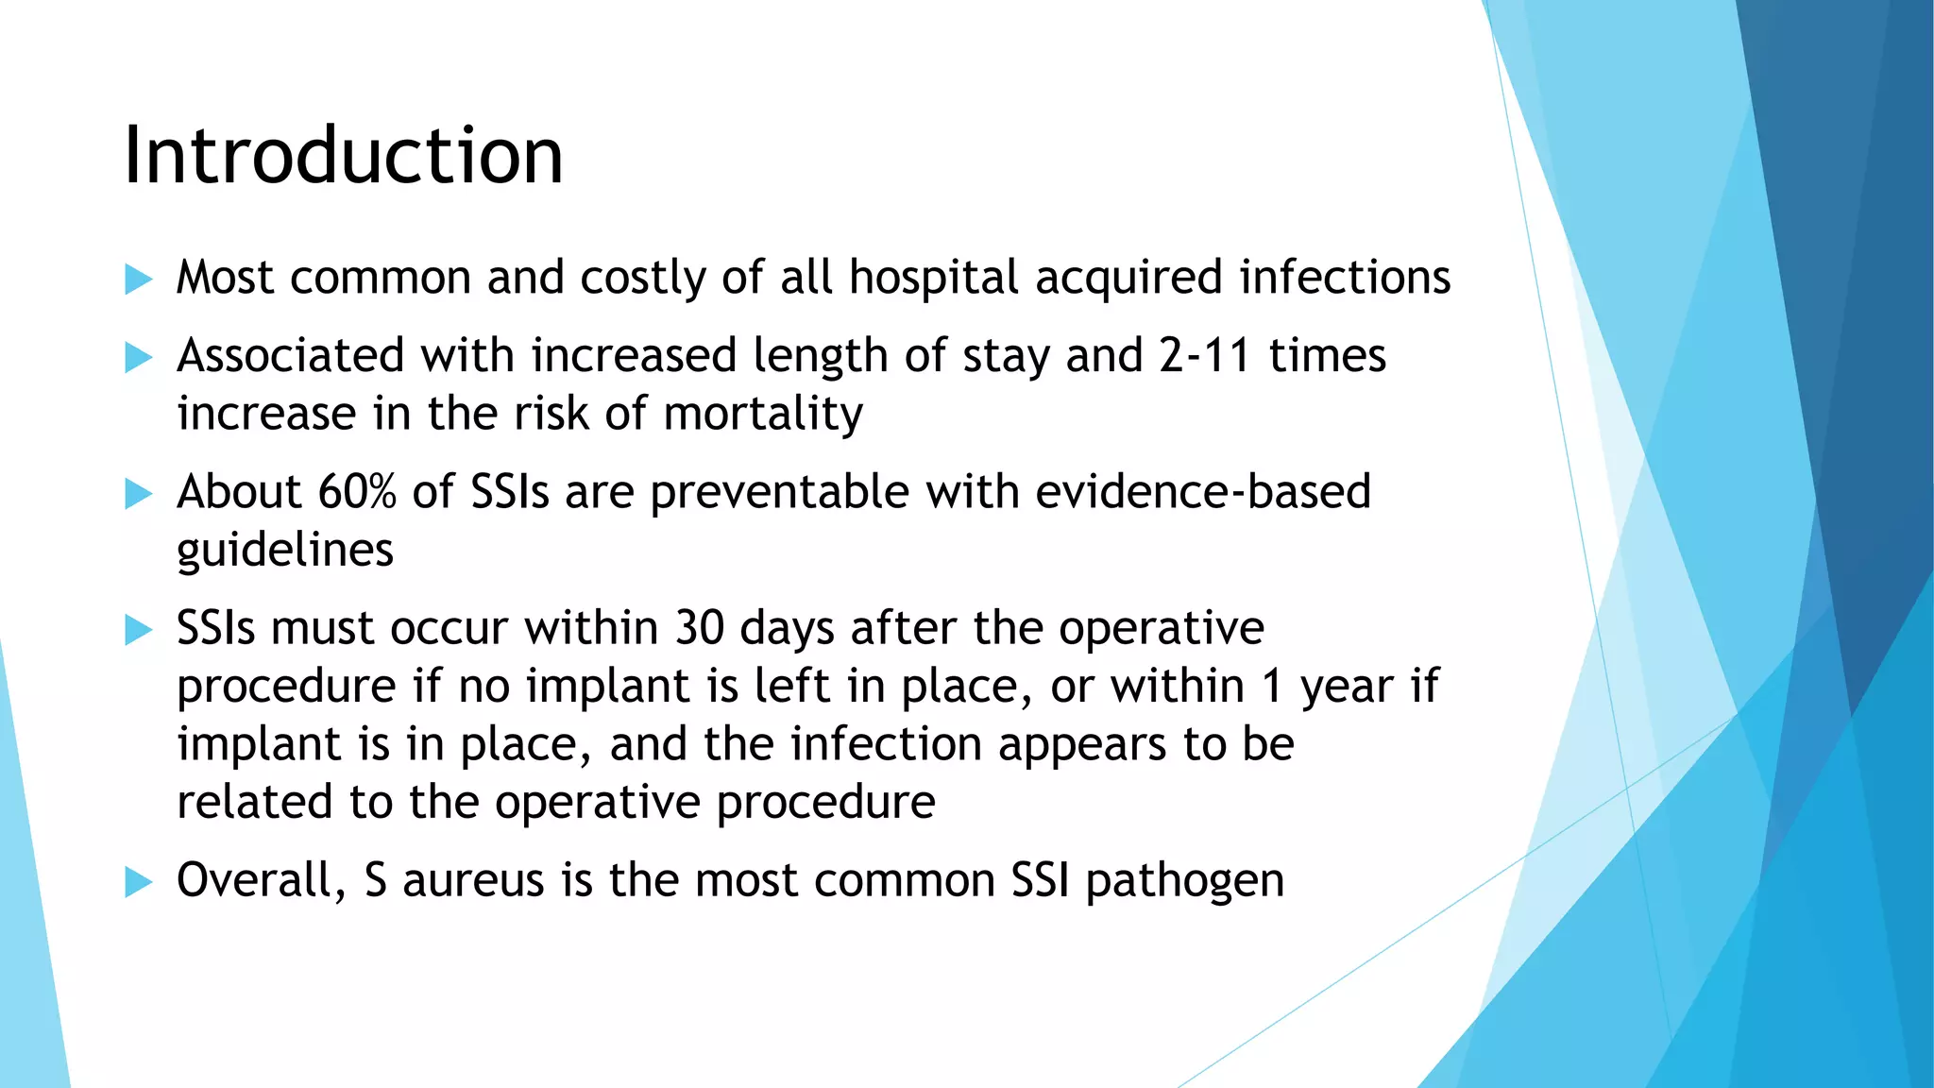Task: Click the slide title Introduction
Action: (344, 155)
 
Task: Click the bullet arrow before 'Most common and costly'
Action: (138, 280)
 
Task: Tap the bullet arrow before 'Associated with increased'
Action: (138, 358)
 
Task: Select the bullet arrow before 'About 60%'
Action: (138, 494)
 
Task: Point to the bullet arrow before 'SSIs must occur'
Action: (138, 630)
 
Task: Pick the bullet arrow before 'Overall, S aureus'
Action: (138, 882)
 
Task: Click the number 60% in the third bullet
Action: (357, 492)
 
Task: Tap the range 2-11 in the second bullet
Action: (1205, 356)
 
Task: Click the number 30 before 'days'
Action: (700, 628)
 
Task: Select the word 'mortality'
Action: (763, 415)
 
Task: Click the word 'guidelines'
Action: (285, 551)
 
